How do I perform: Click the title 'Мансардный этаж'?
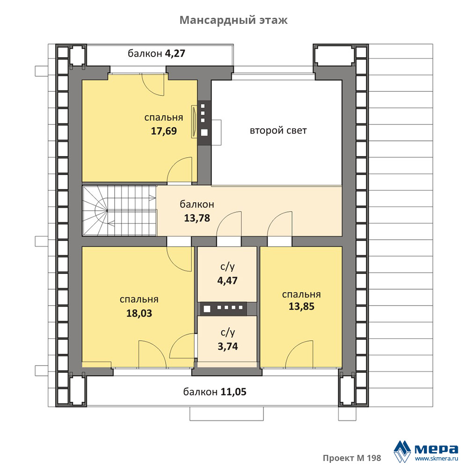click(x=234, y=20)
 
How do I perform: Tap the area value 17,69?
click(x=163, y=131)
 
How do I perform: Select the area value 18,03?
click(x=139, y=313)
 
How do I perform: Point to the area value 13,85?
click(x=301, y=307)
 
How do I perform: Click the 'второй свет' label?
click(x=278, y=131)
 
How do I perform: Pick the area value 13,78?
click(x=197, y=218)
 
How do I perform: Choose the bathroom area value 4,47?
click(x=227, y=280)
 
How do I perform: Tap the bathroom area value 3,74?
click(x=228, y=346)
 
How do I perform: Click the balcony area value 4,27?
click(x=175, y=53)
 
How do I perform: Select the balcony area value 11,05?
click(x=234, y=392)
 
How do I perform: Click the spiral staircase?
click(x=119, y=211)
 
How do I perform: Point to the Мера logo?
click(x=425, y=451)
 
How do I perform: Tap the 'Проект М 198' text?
click(x=352, y=458)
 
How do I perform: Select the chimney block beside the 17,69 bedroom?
click(x=204, y=123)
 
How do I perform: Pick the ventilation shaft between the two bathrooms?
click(x=224, y=308)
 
